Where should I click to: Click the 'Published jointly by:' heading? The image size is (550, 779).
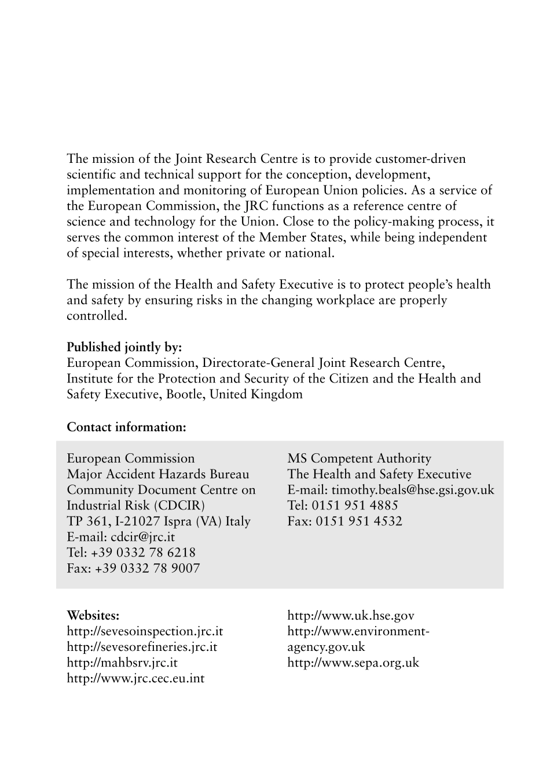click(124, 347)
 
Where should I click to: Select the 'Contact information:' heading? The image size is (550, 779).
click(126, 427)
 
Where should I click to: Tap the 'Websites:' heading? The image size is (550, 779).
click(93, 616)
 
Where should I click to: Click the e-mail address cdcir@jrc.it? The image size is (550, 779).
click(142, 537)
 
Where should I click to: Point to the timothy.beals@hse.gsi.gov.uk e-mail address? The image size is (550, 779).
click(413, 490)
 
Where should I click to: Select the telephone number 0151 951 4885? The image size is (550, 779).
click(355, 505)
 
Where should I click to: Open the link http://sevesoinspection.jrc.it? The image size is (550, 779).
click(145, 631)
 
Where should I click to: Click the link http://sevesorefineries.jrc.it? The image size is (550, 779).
click(142, 647)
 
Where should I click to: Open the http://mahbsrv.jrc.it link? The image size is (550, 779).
click(122, 662)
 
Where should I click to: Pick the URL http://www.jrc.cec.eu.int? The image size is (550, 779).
click(135, 678)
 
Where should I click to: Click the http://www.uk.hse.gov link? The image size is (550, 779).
click(351, 616)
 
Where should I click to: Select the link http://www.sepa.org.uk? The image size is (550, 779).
click(353, 662)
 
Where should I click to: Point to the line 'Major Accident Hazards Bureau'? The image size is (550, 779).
click(158, 474)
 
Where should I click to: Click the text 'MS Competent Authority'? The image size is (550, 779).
click(360, 458)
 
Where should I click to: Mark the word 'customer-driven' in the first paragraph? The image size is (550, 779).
click(420, 159)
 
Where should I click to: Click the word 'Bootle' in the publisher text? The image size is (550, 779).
click(184, 395)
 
